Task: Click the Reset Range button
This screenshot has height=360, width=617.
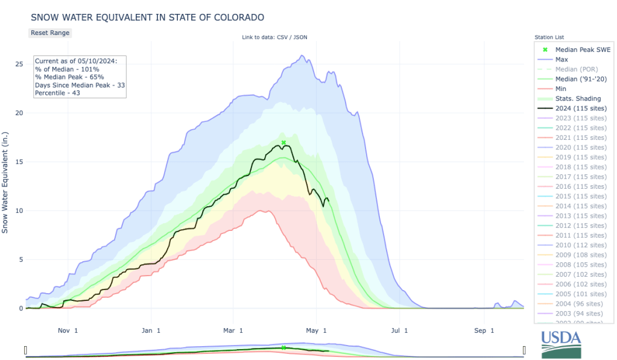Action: point(50,33)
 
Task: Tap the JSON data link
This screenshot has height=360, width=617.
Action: point(300,37)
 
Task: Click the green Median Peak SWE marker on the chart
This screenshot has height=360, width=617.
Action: point(283,142)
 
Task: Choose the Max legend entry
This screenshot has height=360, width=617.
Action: point(562,59)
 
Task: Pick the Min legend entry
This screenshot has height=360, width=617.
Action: point(562,89)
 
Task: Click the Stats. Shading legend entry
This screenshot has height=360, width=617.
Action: point(578,98)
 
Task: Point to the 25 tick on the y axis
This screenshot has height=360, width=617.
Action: point(19,64)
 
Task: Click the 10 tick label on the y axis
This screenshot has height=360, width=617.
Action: point(19,210)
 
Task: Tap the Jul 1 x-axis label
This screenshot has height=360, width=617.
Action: point(399,330)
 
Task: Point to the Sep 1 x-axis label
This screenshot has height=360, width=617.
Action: point(481,330)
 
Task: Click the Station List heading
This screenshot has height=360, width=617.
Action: point(549,37)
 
